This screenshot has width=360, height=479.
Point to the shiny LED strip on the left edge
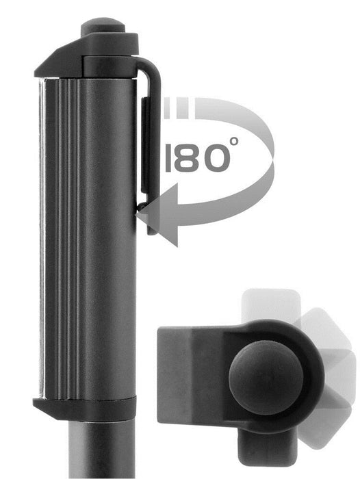(x=44, y=239)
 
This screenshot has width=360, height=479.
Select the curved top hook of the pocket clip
(x=147, y=68)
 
